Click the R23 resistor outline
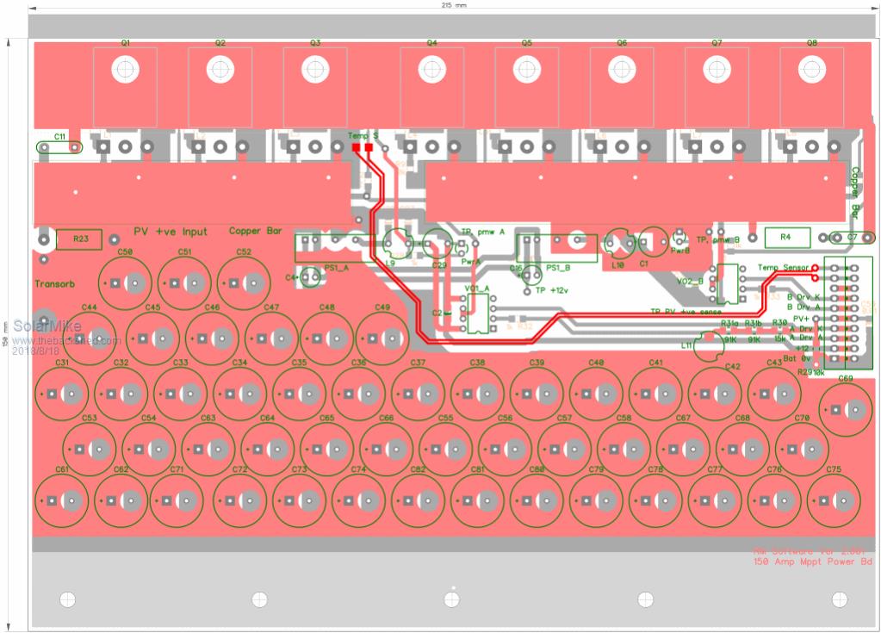point(79,239)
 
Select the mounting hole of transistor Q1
point(126,68)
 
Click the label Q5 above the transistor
point(526,42)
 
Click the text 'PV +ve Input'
point(171,232)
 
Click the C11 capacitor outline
point(59,147)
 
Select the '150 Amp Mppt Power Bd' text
point(813,562)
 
